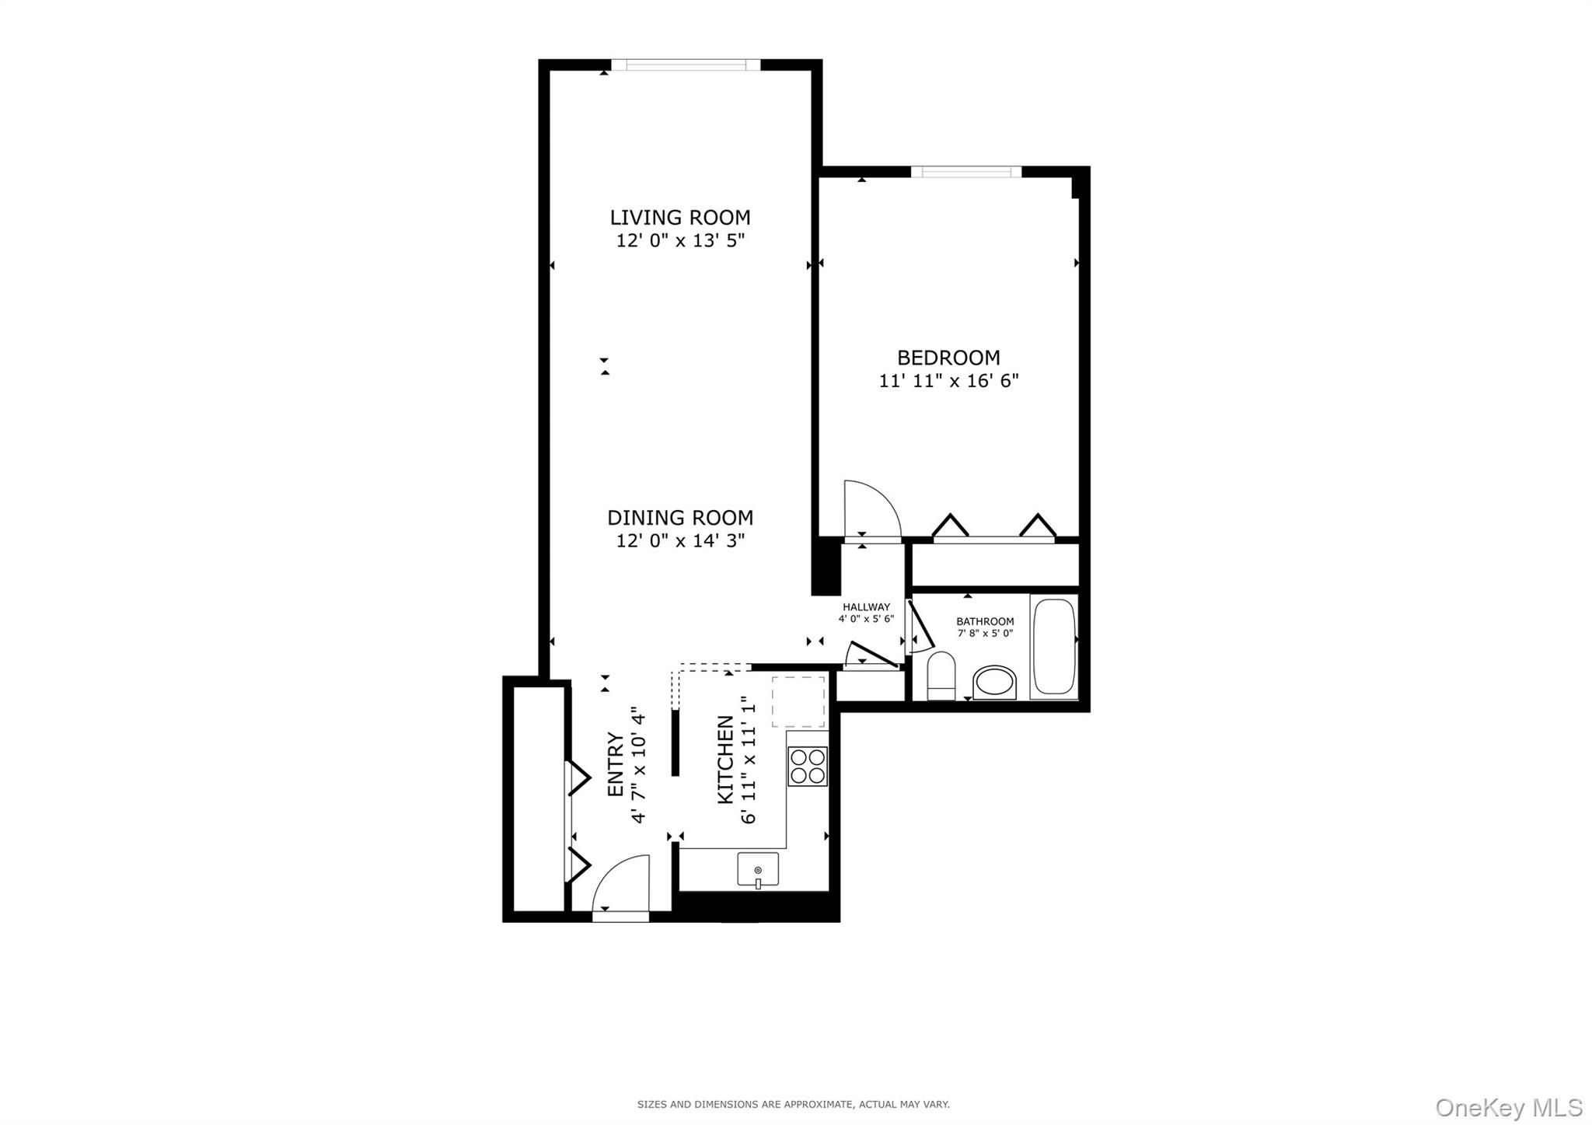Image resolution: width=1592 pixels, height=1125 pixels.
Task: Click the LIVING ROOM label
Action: pyautogui.click(x=679, y=218)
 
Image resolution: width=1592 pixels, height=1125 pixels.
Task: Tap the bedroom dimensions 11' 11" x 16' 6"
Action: pyautogui.click(x=948, y=381)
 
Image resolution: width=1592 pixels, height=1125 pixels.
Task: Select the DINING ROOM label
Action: pyautogui.click(x=679, y=518)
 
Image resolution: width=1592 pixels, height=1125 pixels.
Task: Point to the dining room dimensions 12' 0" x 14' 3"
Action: pyautogui.click(x=679, y=540)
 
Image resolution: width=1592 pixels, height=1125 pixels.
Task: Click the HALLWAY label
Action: pyautogui.click(x=866, y=607)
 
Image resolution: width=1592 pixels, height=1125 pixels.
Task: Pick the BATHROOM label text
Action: pyautogui.click(x=984, y=621)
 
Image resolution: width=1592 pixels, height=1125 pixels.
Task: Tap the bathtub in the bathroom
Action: pyautogui.click(x=1053, y=647)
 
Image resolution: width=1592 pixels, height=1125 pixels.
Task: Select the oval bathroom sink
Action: pyautogui.click(x=994, y=682)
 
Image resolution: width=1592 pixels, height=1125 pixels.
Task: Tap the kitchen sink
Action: pyautogui.click(x=757, y=868)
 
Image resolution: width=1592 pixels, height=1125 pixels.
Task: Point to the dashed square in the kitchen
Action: pyautogui.click(x=798, y=701)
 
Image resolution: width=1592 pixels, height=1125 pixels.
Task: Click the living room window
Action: pyautogui.click(x=685, y=65)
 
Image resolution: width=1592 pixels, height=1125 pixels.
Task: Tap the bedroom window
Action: pyautogui.click(x=965, y=172)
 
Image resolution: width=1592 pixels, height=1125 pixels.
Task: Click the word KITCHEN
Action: pyautogui.click(x=724, y=760)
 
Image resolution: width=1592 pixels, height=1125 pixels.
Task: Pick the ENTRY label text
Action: pyautogui.click(x=615, y=764)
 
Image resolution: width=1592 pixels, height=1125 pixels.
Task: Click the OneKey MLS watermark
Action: pyautogui.click(x=1508, y=1106)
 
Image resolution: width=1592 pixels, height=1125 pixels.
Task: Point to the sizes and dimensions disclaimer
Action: pyautogui.click(x=793, y=1104)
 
